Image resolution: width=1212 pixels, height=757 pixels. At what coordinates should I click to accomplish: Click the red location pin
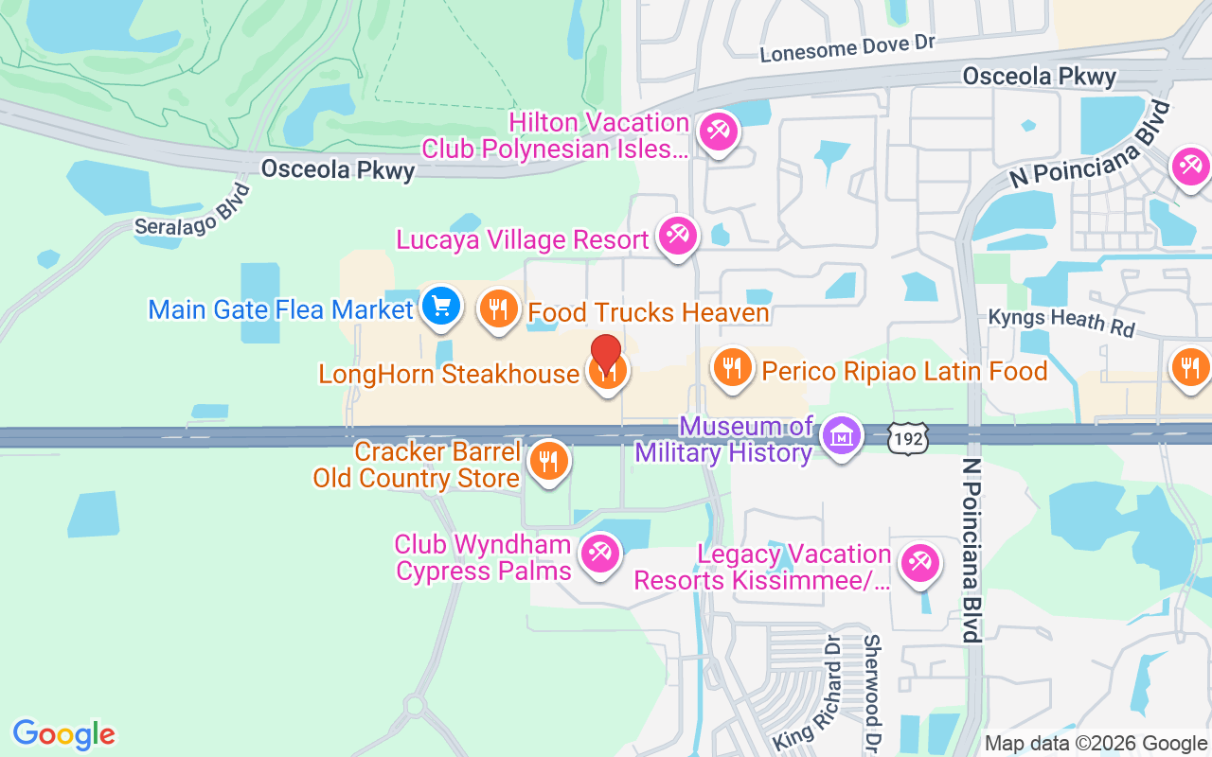click(x=606, y=355)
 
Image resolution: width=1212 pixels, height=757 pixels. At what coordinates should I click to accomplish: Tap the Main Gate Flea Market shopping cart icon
click(x=440, y=307)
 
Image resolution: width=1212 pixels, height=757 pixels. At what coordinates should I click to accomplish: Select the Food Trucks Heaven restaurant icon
click(x=497, y=308)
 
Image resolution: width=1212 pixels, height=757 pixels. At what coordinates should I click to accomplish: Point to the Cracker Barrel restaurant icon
click(x=547, y=462)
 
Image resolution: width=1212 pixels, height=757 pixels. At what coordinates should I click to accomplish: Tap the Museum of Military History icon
click(x=840, y=437)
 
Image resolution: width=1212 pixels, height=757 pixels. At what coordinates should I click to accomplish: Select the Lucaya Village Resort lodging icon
click(x=677, y=236)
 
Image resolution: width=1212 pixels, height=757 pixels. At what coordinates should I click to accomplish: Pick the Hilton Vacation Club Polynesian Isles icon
click(x=717, y=132)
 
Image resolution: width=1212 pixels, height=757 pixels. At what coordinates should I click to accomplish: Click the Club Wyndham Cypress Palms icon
click(x=599, y=554)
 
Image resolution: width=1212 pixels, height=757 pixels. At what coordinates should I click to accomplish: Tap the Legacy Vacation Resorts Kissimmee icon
click(x=918, y=564)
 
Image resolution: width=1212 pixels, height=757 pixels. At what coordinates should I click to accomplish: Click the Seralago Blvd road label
click(x=192, y=211)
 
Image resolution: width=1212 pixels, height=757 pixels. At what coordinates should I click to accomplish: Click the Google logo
click(x=63, y=734)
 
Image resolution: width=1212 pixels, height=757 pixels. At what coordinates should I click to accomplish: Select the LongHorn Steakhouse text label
click(x=449, y=374)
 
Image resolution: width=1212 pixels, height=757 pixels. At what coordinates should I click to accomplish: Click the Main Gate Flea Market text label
click(x=281, y=309)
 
